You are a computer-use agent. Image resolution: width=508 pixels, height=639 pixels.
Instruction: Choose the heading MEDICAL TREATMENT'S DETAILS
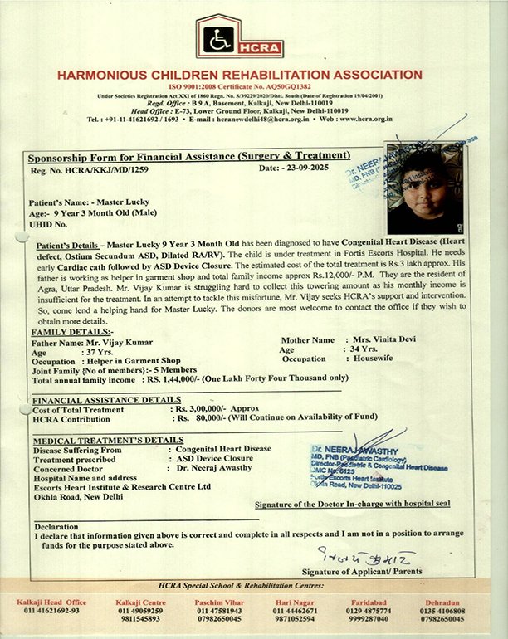tap(107, 439)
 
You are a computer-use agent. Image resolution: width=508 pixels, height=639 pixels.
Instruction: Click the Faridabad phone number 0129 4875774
tap(370, 611)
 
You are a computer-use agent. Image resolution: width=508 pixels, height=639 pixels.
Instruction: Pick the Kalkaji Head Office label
tap(51, 602)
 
